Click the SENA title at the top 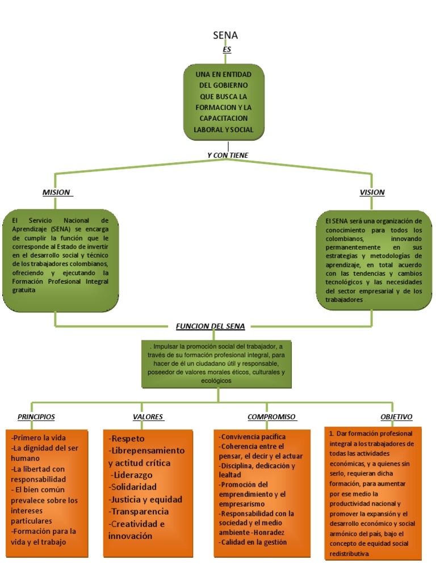(x=225, y=35)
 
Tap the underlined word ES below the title (x=227, y=49)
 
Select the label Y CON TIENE (x=228, y=155)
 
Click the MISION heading (x=56, y=192)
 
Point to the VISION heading (x=372, y=192)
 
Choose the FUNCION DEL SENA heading (x=210, y=326)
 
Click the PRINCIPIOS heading (x=36, y=416)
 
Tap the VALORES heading (x=148, y=416)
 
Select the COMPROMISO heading (x=271, y=416)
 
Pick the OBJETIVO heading (x=396, y=416)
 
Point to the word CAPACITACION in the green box (x=224, y=119)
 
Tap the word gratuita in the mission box (x=24, y=290)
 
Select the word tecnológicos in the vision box (x=345, y=283)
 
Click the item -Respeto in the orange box (x=127, y=439)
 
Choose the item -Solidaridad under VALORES (x=132, y=487)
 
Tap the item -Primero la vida (x=39, y=437)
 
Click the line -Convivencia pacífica (x=253, y=437)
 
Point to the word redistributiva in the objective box (x=349, y=554)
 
